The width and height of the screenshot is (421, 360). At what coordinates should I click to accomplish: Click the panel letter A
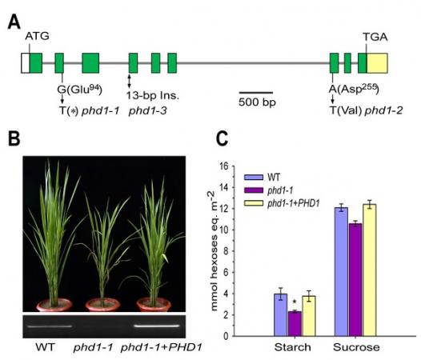pyautogui.click(x=14, y=20)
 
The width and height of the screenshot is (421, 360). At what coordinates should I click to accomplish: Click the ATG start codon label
pyautogui.click(x=37, y=37)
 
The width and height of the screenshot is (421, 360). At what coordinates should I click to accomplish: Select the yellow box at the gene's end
pyautogui.click(x=378, y=62)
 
